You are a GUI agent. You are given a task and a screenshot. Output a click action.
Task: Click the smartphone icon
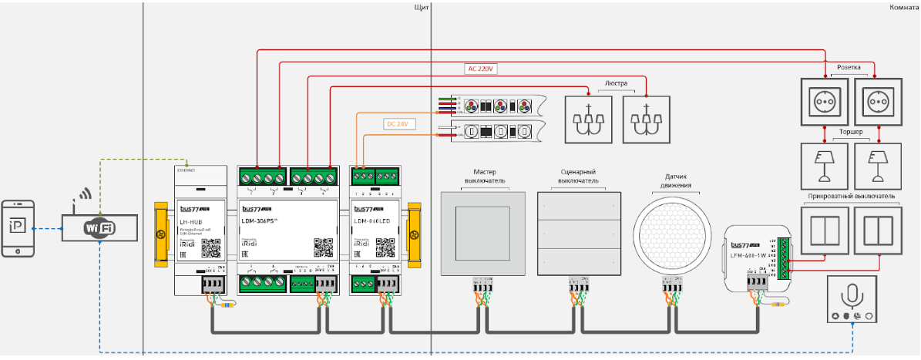pyautogui.click(x=19, y=228)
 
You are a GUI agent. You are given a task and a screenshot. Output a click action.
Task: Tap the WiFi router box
pyautogui.click(x=99, y=227)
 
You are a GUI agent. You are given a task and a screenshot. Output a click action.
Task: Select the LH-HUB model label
pyautogui.click(x=191, y=221)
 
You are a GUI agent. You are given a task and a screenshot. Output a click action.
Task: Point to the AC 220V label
pyautogui.click(x=482, y=69)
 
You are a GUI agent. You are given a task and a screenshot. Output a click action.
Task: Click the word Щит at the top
pyautogui.click(x=421, y=7)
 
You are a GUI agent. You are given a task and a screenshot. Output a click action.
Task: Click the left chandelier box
pyautogui.click(x=589, y=119)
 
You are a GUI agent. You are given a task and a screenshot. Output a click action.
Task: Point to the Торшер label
pyautogui.click(x=850, y=133)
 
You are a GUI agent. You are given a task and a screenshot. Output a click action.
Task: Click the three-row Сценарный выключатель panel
pyautogui.click(x=577, y=234)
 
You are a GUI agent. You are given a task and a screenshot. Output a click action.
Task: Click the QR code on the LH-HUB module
pyautogui.click(x=210, y=247)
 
